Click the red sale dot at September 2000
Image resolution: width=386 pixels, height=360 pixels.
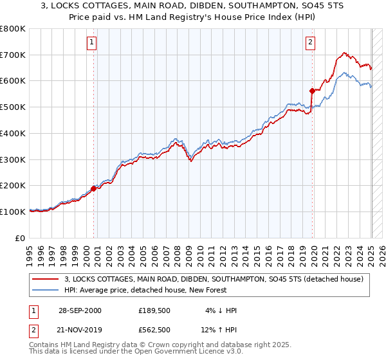(x=93, y=188)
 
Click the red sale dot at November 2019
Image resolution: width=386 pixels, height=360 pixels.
(x=312, y=90)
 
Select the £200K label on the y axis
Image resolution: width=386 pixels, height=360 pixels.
(x=14, y=186)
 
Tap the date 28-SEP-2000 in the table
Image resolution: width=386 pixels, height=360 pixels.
(x=80, y=310)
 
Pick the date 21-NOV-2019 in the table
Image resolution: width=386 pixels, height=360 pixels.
(x=80, y=330)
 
